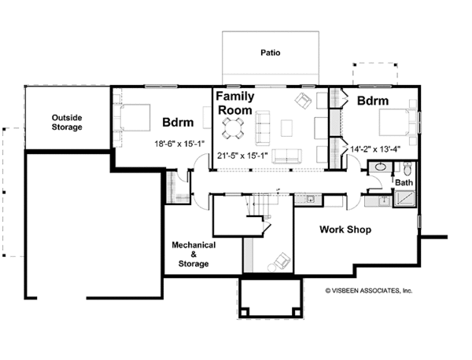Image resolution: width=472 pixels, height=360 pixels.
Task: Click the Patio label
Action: coord(271,53)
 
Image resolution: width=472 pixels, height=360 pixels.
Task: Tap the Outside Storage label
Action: coord(67,123)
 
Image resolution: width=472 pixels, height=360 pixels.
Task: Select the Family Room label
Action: coord(235,103)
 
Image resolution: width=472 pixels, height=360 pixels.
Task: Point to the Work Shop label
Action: coord(345,230)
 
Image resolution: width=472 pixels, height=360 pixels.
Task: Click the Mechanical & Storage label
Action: coord(194,255)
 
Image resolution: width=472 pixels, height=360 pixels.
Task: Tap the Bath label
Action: coord(404,182)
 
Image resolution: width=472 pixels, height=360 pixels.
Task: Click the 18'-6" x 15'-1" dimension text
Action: coord(179,144)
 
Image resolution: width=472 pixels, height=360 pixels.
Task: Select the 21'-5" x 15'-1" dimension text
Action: coord(242,156)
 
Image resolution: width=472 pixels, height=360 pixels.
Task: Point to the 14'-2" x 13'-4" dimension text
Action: coord(375,149)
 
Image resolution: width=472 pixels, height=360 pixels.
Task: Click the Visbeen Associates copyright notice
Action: coord(369,291)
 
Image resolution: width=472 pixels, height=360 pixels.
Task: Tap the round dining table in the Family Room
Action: coord(233,128)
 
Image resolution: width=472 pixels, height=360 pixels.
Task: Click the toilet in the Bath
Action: coord(407,169)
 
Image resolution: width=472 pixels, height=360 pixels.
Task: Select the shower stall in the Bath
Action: coord(405,199)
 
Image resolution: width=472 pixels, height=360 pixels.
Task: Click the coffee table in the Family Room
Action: coord(286,128)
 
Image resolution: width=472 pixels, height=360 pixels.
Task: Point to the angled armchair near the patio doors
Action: coord(303,101)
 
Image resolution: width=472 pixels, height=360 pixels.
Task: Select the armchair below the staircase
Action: coord(282,260)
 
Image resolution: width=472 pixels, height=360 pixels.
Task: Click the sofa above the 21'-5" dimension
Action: coord(286,156)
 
